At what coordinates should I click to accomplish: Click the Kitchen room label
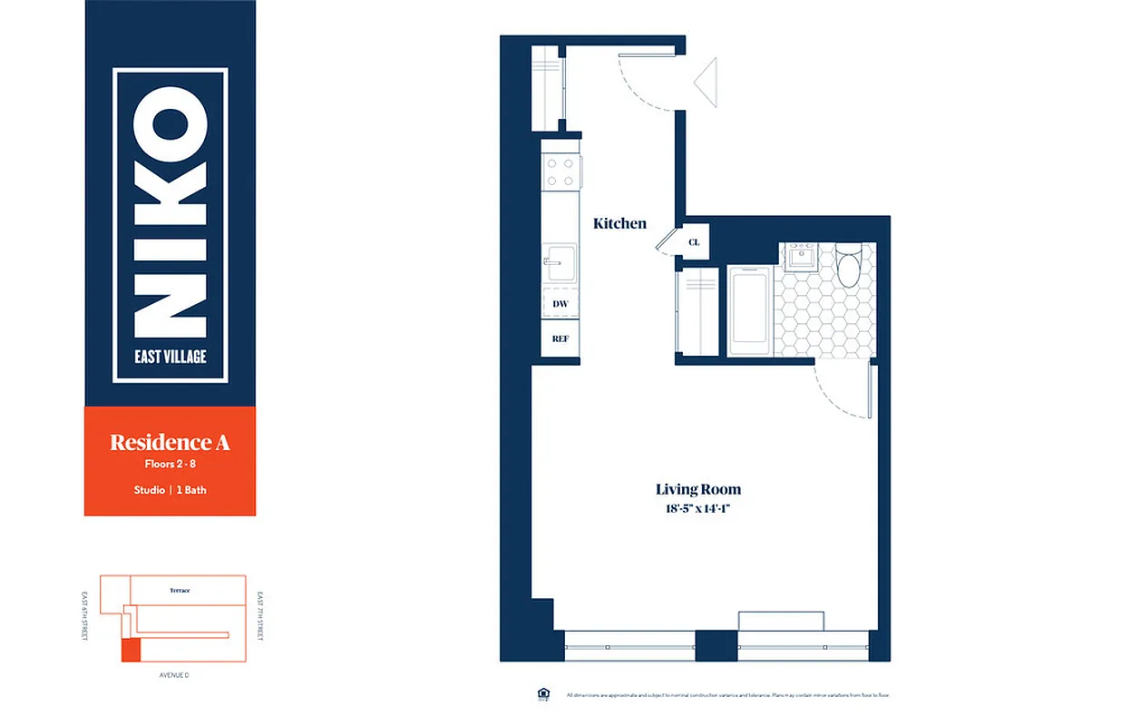click(x=619, y=223)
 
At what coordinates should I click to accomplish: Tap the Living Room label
click(x=698, y=490)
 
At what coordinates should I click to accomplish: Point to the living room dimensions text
click(x=698, y=509)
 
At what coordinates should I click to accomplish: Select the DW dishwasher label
click(x=560, y=304)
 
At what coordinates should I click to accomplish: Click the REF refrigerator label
click(x=560, y=338)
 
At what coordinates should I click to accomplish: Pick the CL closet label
click(x=694, y=242)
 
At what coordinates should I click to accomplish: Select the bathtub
click(x=750, y=311)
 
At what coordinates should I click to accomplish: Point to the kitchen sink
click(x=559, y=260)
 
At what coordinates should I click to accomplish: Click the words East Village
click(x=171, y=357)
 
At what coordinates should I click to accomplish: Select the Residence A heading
click(x=170, y=443)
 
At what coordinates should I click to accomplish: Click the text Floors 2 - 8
click(x=170, y=465)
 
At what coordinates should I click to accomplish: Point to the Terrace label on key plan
click(x=180, y=591)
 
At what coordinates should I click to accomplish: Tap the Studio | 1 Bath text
click(x=170, y=490)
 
